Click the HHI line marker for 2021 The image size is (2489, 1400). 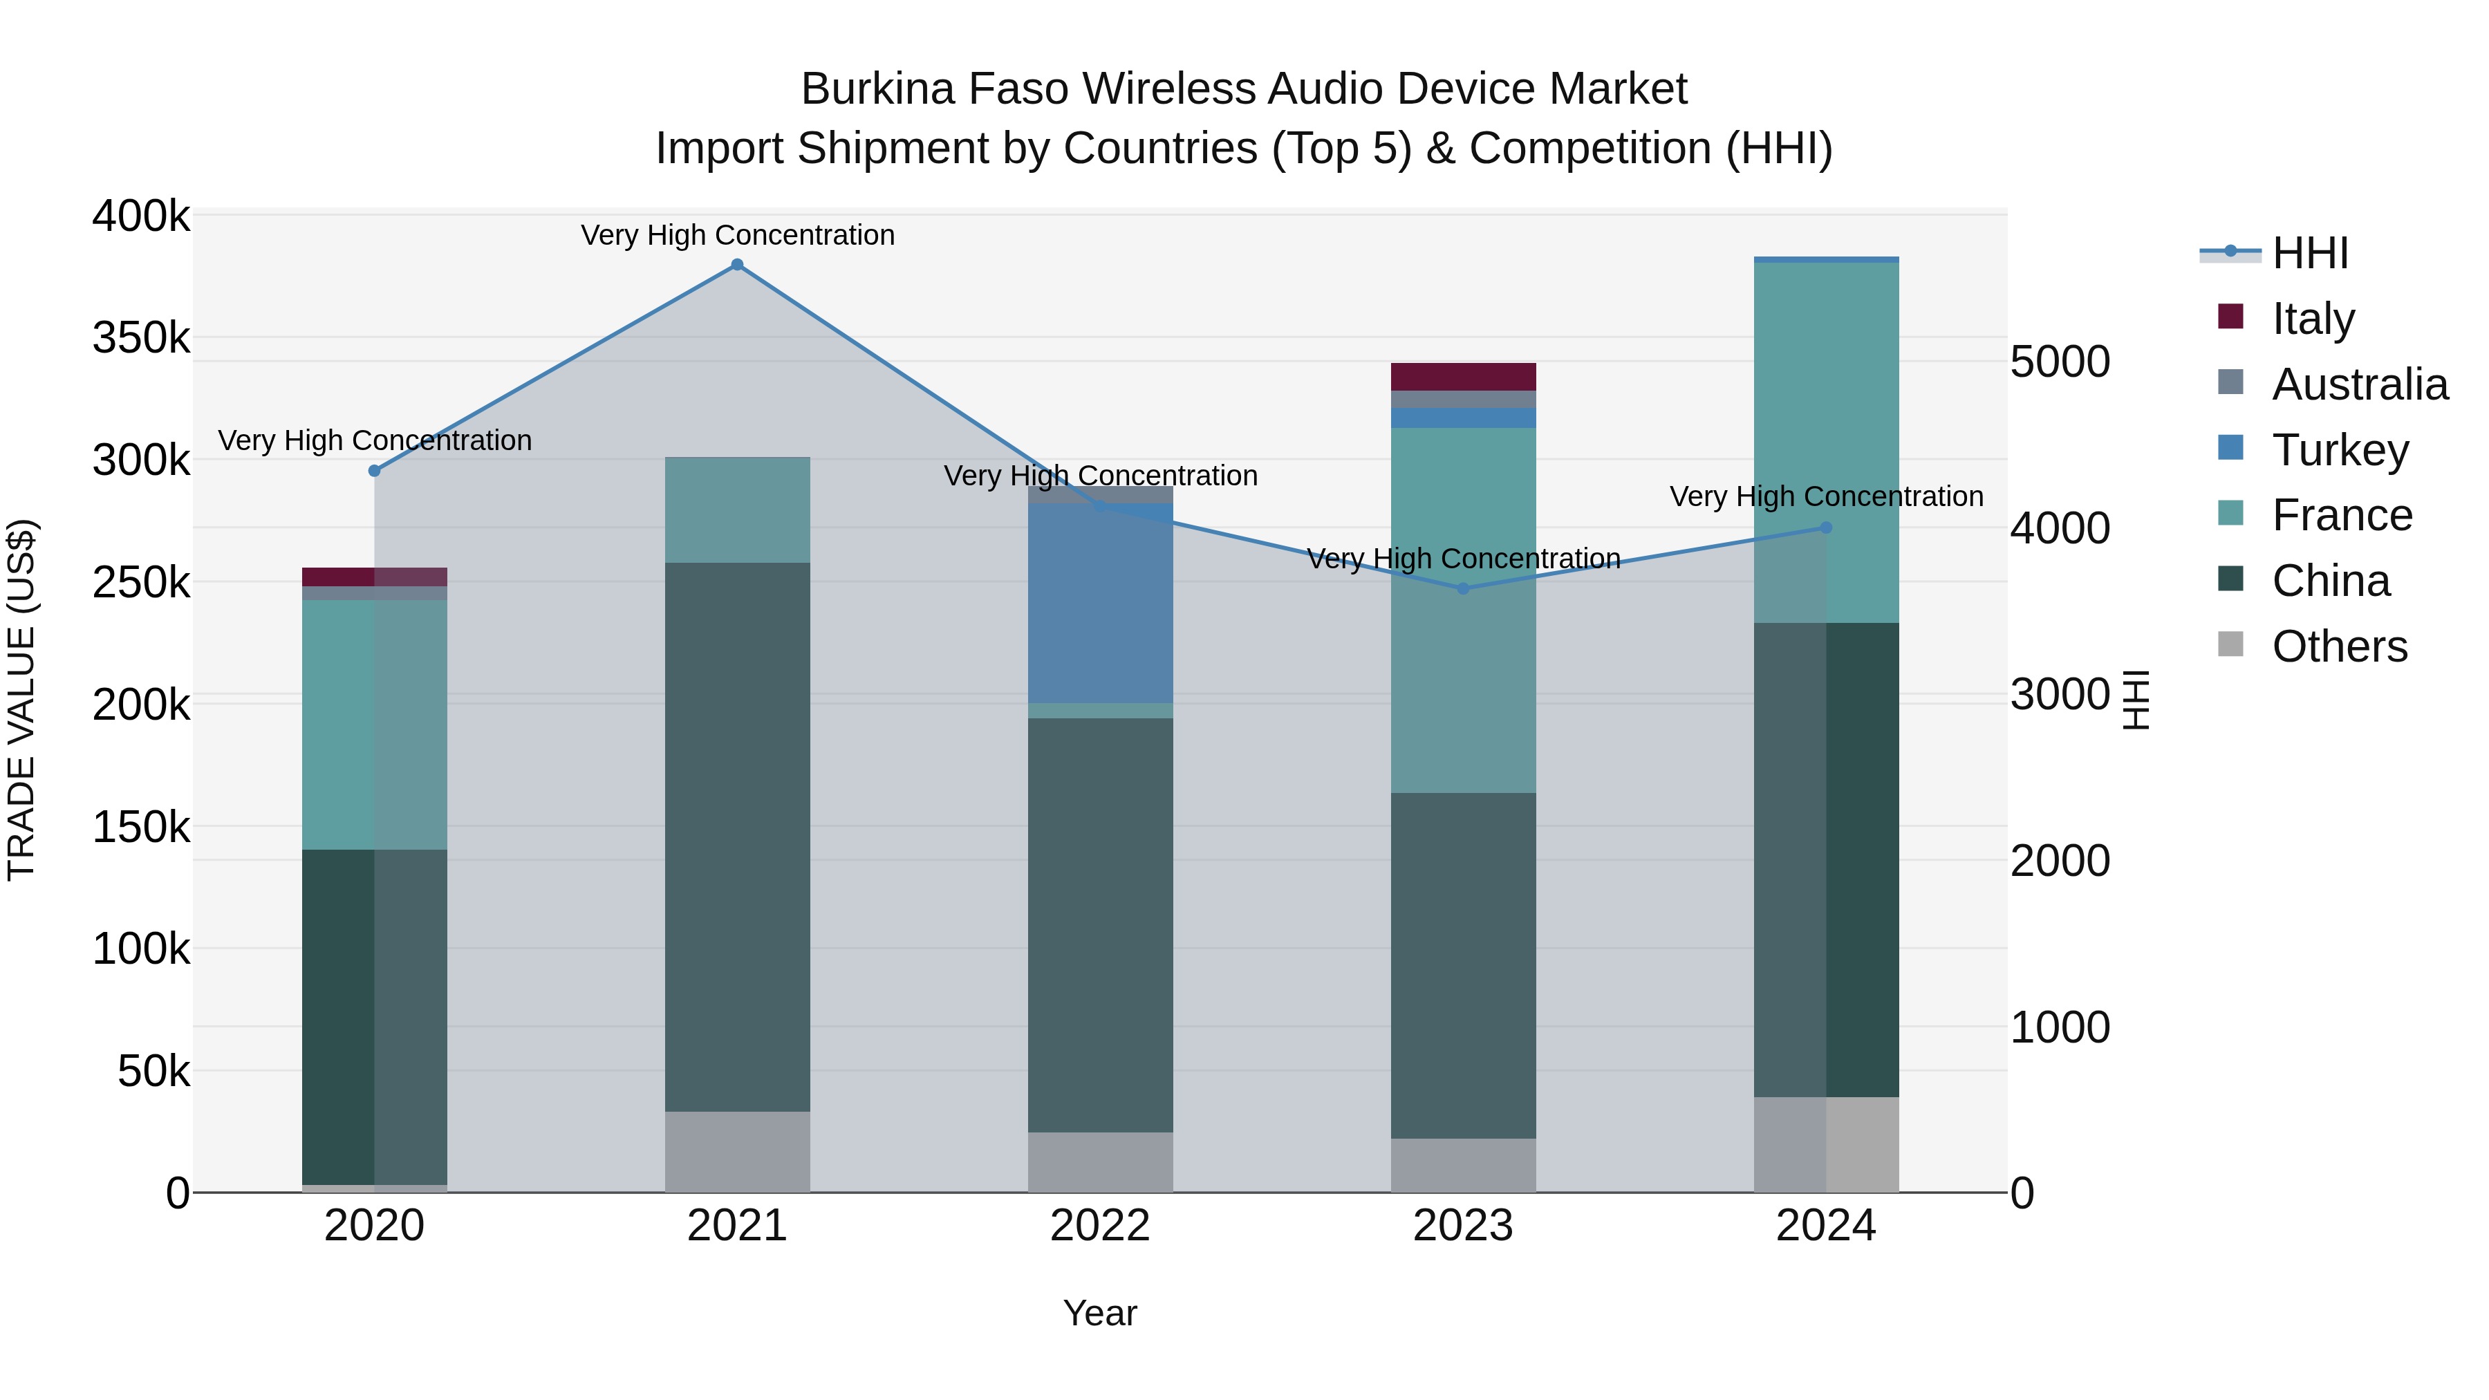tap(737, 265)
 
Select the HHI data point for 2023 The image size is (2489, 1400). tap(1463, 588)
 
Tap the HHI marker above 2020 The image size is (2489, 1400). tap(375, 471)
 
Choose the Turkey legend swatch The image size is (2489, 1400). tap(2231, 448)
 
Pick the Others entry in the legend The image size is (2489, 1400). tap(2339, 646)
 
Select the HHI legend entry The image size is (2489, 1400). tap(2310, 253)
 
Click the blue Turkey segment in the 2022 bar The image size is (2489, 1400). tap(1101, 603)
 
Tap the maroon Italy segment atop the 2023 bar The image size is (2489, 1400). tap(1463, 376)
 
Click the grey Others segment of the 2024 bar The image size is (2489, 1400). tap(1826, 1144)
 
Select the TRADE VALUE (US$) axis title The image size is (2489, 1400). tap(21, 700)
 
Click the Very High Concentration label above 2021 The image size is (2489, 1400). tap(737, 235)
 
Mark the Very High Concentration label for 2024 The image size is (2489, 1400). tap(1826, 496)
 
